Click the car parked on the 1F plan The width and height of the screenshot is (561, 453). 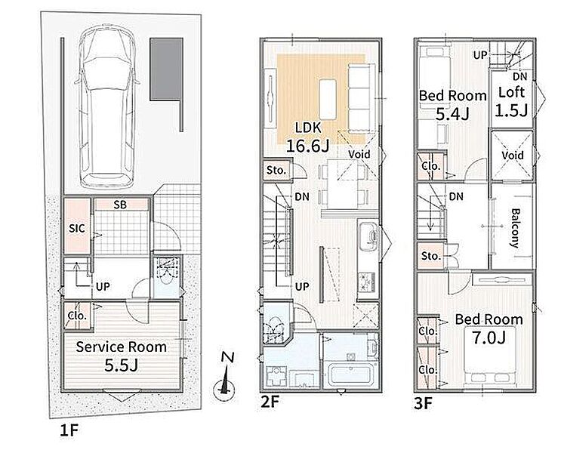tap(106, 108)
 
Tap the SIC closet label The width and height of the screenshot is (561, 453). tap(77, 228)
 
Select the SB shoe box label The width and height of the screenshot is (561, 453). tap(120, 205)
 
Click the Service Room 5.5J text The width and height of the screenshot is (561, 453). tap(122, 356)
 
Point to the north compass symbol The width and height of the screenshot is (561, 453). tap(224, 379)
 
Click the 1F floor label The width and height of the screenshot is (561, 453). tap(69, 430)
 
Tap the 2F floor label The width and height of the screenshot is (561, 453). tap(270, 402)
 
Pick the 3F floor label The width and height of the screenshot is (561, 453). tap(424, 404)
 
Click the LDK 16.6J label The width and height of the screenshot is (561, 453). tap(308, 137)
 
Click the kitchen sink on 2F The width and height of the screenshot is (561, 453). tap(368, 237)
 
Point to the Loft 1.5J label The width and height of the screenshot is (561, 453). tap(512, 102)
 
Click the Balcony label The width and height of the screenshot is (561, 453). tap(515, 228)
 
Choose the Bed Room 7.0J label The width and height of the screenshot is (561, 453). tap(489, 328)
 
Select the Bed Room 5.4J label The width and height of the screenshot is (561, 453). tap(453, 105)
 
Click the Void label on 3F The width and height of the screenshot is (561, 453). tap(513, 156)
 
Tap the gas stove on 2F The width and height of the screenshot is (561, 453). tap(368, 282)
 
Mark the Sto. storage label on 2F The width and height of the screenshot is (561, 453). tap(276, 171)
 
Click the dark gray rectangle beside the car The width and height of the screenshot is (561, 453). tap(167, 69)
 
